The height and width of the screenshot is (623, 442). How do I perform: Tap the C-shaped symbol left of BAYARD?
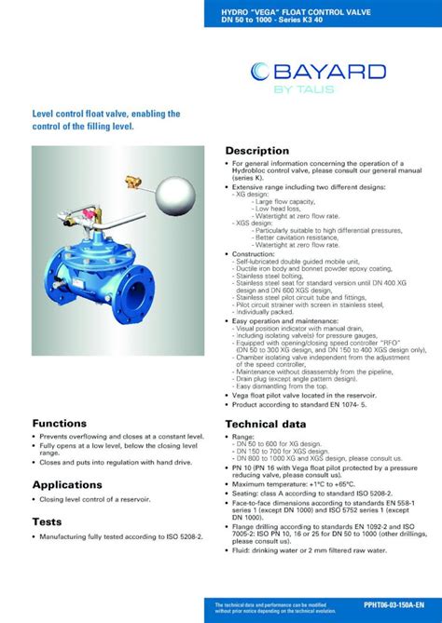pos(261,73)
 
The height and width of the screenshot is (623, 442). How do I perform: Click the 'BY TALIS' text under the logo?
pos(323,90)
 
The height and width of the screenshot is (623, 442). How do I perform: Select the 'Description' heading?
pos(257,151)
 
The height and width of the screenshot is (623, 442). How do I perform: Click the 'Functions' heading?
pos(60,424)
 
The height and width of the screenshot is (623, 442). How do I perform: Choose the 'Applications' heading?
pos(67,485)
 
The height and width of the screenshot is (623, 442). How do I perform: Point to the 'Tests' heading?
pos(48,521)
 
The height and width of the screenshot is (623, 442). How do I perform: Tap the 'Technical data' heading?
pos(266,424)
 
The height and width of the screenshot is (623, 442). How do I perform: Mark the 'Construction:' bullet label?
pos(254,253)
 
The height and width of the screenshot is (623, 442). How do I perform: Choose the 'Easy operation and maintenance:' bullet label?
pos(283,320)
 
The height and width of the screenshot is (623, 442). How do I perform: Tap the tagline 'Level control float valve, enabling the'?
pos(106,114)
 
